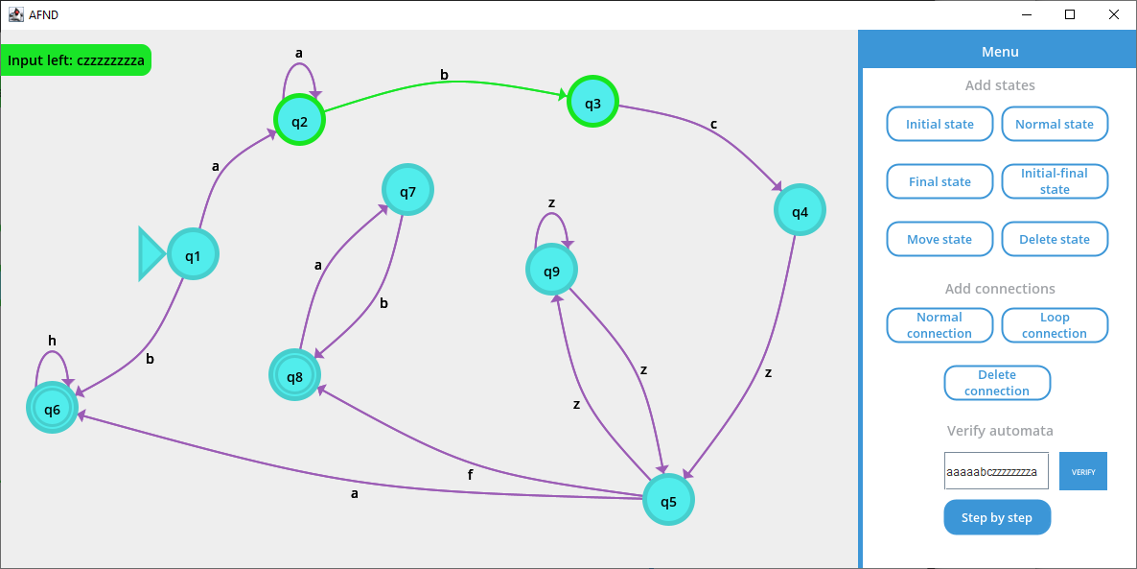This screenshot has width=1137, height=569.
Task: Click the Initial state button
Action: click(940, 124)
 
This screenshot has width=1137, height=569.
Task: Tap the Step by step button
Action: click(997, 517)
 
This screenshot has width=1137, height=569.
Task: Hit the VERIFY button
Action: click(1082, 471)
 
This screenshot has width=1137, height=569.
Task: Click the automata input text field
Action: click(995, 471)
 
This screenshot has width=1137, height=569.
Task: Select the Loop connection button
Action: click(1055, 325)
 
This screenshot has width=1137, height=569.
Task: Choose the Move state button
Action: click(940, 239)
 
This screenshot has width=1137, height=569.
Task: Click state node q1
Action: click(193, 255)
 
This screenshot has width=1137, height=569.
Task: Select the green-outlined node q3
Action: click(592, 102)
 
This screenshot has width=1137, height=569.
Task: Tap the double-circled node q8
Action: click(294, 375)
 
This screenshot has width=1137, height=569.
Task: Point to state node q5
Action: click(668, 500)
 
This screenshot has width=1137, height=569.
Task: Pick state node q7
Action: click(407, 191)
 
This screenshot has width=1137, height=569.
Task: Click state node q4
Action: click(800, 210)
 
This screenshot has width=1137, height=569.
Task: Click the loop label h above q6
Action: click(52, 341)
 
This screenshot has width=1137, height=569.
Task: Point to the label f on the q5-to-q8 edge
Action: click(470, 474)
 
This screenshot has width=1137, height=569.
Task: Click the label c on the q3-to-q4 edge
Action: click(712, 125)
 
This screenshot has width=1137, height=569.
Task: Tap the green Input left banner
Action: click(76, 60)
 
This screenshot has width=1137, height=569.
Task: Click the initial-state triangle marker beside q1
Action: click(151, 254)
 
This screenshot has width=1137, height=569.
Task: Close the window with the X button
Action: click(1113, 14)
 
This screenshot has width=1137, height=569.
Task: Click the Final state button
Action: click(940, 181)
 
